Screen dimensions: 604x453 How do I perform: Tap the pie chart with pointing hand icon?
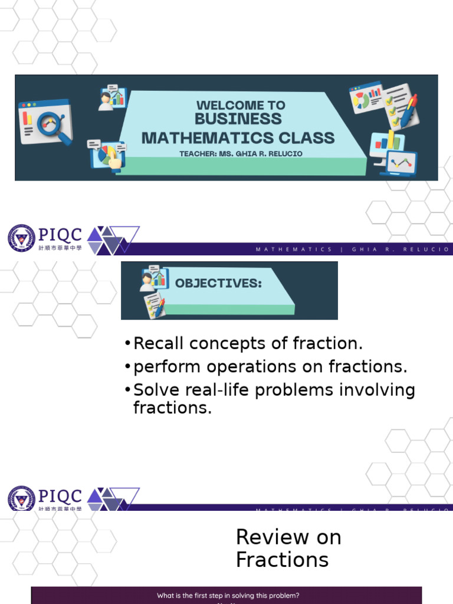[108, 155]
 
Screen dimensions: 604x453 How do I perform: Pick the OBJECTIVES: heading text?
[218, 283]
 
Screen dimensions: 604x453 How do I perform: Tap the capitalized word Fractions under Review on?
[282, 559]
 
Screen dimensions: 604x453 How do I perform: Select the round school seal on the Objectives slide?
[21, 238]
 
